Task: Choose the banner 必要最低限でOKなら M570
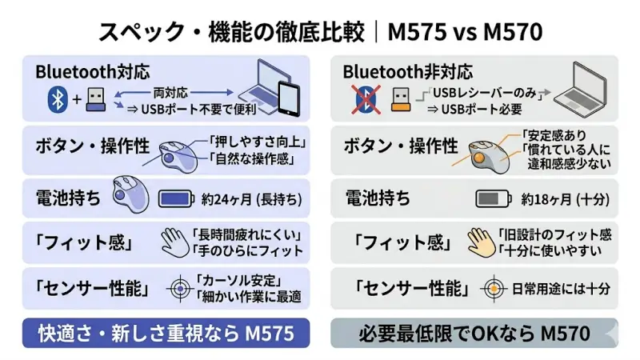[x=474, y=333]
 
